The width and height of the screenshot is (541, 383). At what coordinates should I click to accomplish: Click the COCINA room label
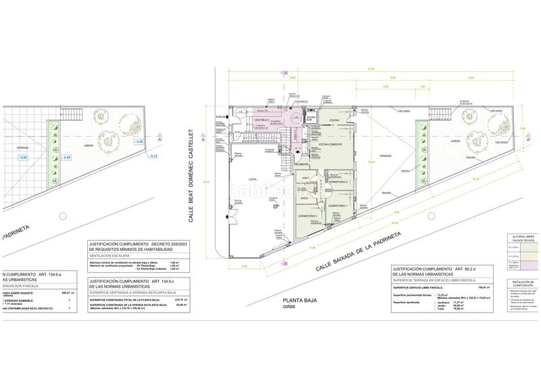tap(335, 120)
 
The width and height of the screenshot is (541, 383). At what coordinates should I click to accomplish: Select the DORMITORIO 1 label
tap(338, 206)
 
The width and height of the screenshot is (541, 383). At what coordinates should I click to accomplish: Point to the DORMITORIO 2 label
tap(338, 183)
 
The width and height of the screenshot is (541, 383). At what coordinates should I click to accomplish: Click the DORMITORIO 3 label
tap(308, 216)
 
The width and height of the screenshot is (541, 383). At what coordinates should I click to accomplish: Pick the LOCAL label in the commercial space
tap(253, 178)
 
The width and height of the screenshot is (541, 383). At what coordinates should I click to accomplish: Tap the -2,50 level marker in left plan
tap(66, 157)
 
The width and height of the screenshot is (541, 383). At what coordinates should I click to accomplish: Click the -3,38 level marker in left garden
tap(138, 141)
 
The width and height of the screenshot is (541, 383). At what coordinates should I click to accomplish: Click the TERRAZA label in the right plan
tap(385, 156)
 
